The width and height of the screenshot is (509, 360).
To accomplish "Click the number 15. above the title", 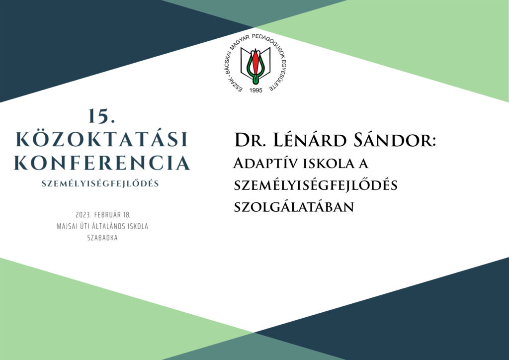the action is click(x=101, y=116).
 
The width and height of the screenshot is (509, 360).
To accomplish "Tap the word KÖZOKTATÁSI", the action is click(x=101, y=139).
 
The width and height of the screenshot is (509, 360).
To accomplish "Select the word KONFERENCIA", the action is click(x=101, y=163).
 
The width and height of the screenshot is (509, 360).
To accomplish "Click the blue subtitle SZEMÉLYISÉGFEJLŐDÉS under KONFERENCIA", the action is click(x=100, y=184).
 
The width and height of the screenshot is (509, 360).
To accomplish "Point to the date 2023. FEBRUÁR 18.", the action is click(x=102, y=215).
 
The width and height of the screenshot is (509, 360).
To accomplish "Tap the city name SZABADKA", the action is click(x=102, y=238).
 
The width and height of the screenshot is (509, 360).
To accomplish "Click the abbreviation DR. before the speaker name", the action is click(x=249, y=141).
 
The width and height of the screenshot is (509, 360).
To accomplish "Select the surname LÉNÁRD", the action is click(x=310, y=140).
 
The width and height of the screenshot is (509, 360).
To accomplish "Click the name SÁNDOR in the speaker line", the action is click(x=392, y=141).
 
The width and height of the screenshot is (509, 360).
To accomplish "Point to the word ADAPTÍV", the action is click(x=265, y=163).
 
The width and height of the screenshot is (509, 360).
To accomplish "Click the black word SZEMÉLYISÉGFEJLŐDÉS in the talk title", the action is click(x=316, y=185).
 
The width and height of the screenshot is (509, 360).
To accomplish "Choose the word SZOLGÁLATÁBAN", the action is click(x=294, y=207).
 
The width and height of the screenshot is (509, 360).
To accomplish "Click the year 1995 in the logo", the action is click(x=256, y=90).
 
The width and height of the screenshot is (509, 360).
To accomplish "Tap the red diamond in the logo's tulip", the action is click(x=255, y=63).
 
